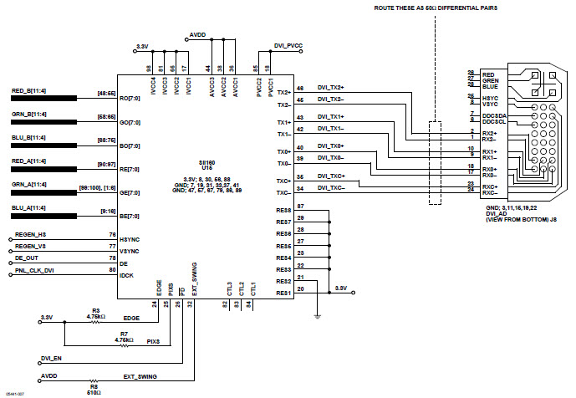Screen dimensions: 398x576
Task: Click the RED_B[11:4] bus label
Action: point(29,91)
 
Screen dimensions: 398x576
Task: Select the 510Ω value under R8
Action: point(95,391)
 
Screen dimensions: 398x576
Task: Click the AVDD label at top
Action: point(198,35)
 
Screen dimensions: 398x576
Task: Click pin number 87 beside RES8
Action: point(299,206)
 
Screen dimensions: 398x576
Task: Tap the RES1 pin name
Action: point(283,293)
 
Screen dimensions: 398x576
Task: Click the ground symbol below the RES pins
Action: point(317,316)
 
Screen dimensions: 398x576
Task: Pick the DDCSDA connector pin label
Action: point(494,115)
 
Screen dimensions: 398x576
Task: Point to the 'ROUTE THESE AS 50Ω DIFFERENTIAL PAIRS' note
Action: point(435,8)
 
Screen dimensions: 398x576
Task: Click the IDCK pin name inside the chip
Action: point(126,273)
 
